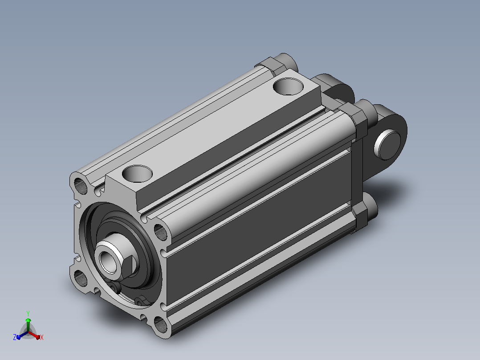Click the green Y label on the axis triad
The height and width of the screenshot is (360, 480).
point(28,314)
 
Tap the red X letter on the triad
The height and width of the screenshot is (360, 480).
point(42,337)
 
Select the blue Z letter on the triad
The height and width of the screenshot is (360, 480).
point(14,337)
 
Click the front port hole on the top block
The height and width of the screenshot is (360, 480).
point(137,173)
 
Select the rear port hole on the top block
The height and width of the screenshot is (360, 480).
point(288,86)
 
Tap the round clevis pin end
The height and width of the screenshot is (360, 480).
point(387,144)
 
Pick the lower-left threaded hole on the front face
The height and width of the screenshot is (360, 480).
point(80,278)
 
